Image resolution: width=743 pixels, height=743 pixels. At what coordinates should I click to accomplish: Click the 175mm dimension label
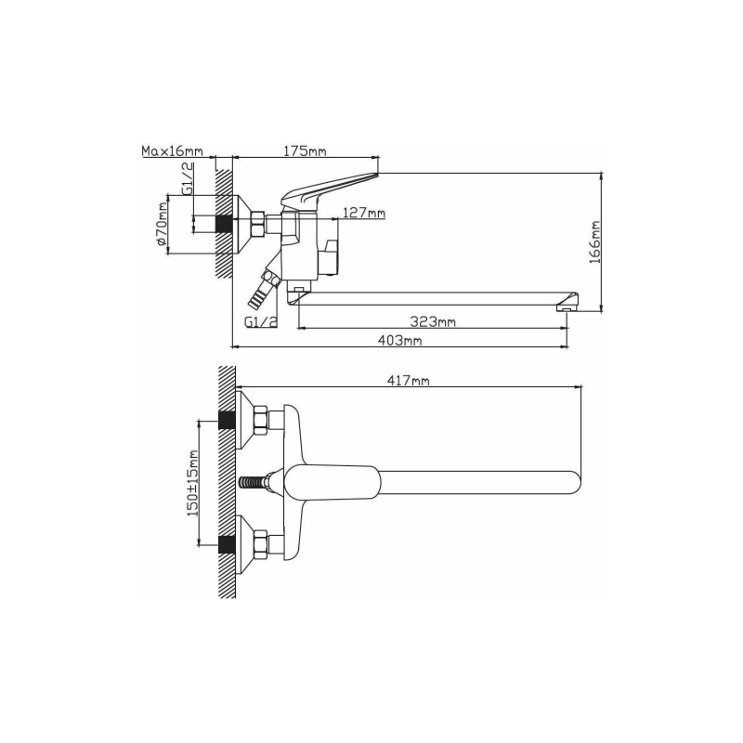tap(305, 150)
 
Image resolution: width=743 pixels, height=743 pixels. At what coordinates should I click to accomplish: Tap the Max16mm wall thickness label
tap(172, 150)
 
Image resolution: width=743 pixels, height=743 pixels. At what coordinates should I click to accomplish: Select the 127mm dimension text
tap(364, 213)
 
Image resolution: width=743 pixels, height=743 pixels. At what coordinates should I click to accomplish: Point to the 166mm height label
tap(594, 242)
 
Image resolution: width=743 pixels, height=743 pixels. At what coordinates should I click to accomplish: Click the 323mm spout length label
tap(433, 321)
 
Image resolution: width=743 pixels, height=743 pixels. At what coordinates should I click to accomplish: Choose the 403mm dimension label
tap(399, 340)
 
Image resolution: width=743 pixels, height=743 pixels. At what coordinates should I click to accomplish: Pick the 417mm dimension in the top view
tap(408, 380)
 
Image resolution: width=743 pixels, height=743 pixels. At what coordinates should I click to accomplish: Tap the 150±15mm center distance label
tap(192, 483)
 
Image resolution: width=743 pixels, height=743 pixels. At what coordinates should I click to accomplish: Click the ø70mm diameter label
tap(162, 223)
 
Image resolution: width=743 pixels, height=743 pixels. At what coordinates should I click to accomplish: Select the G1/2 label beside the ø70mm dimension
tap(188, 178)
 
